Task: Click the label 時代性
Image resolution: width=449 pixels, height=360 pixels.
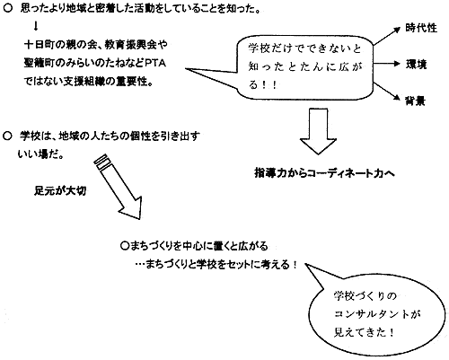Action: click(x=421, y=28)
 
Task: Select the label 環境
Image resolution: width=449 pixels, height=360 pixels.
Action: click(x=416, y=65)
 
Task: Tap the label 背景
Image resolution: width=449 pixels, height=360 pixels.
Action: click(x=415, y=101)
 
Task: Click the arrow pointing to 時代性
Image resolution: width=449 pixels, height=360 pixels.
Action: click(x=387, y=36)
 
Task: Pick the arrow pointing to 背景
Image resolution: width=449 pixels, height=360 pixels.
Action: click(x=387, y=92)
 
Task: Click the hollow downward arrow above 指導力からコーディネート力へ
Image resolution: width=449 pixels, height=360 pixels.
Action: click(x=318, y=131)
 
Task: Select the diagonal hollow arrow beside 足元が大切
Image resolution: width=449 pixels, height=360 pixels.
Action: click(x=119, y=186)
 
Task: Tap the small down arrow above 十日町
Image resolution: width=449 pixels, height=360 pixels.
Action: click(x=36, y=27)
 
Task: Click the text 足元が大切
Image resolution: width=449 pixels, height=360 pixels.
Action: click(x=60, y=190)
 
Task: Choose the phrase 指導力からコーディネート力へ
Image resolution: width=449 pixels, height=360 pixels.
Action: click(x=324, y=173)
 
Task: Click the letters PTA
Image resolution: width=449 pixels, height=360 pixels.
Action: click(x=155, y=64)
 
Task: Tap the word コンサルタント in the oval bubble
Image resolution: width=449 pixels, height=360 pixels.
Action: click(x=372, y=314)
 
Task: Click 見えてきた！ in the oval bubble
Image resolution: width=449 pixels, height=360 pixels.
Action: click(x=364, y=332)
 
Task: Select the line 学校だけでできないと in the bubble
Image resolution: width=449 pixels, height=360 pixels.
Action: click(x=304, y=48)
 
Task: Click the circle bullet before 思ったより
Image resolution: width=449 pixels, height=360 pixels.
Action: click(x=7, y=9)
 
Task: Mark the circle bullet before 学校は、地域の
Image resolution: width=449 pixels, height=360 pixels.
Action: click(x=7, y=136)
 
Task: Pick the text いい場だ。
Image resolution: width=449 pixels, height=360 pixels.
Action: click(x=40, y=154)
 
